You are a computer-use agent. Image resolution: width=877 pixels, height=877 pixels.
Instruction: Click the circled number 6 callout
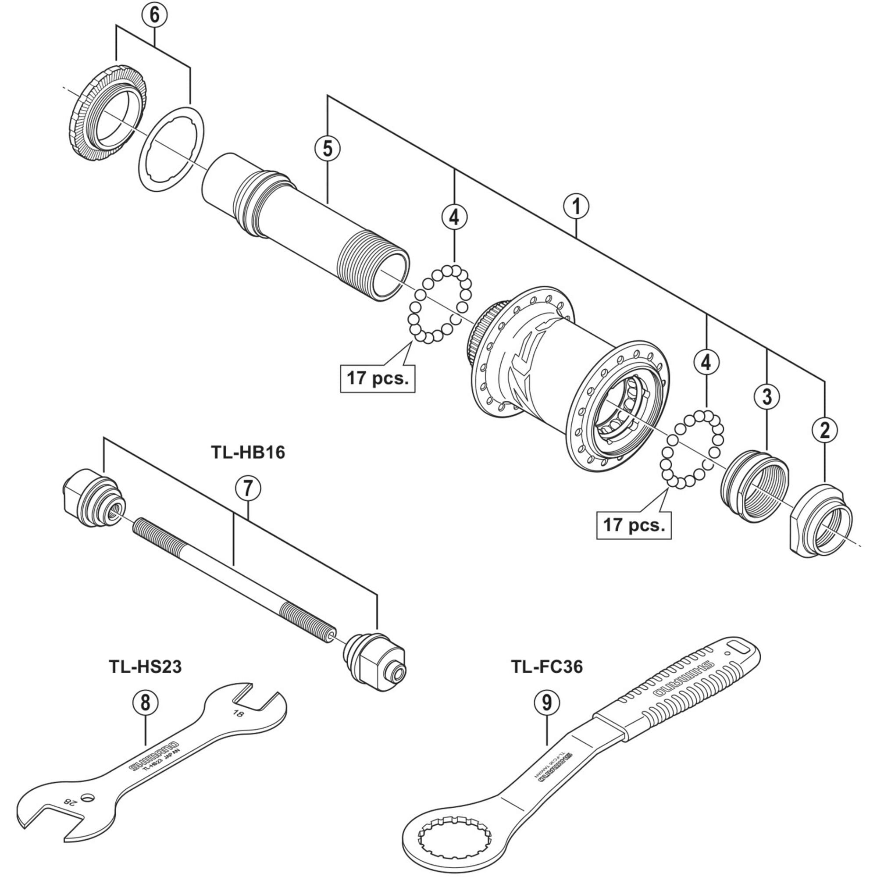[154, 15]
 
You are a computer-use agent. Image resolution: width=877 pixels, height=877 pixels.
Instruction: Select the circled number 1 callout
[576, 207]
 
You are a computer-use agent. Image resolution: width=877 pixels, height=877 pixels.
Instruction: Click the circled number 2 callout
[825, 429]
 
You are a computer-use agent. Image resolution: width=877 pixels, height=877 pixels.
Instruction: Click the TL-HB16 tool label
[248, 452]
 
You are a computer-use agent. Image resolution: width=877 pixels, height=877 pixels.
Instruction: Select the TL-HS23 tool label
[145, 667]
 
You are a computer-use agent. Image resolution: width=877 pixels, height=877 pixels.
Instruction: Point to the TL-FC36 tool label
[546, 667]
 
